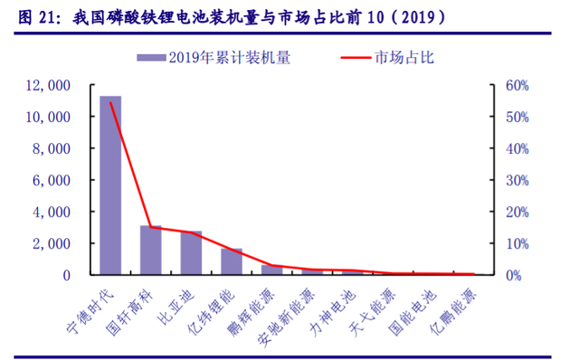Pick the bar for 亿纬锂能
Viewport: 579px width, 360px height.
pos(232,261)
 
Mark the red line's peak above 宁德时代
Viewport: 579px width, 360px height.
pos(110,103)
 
